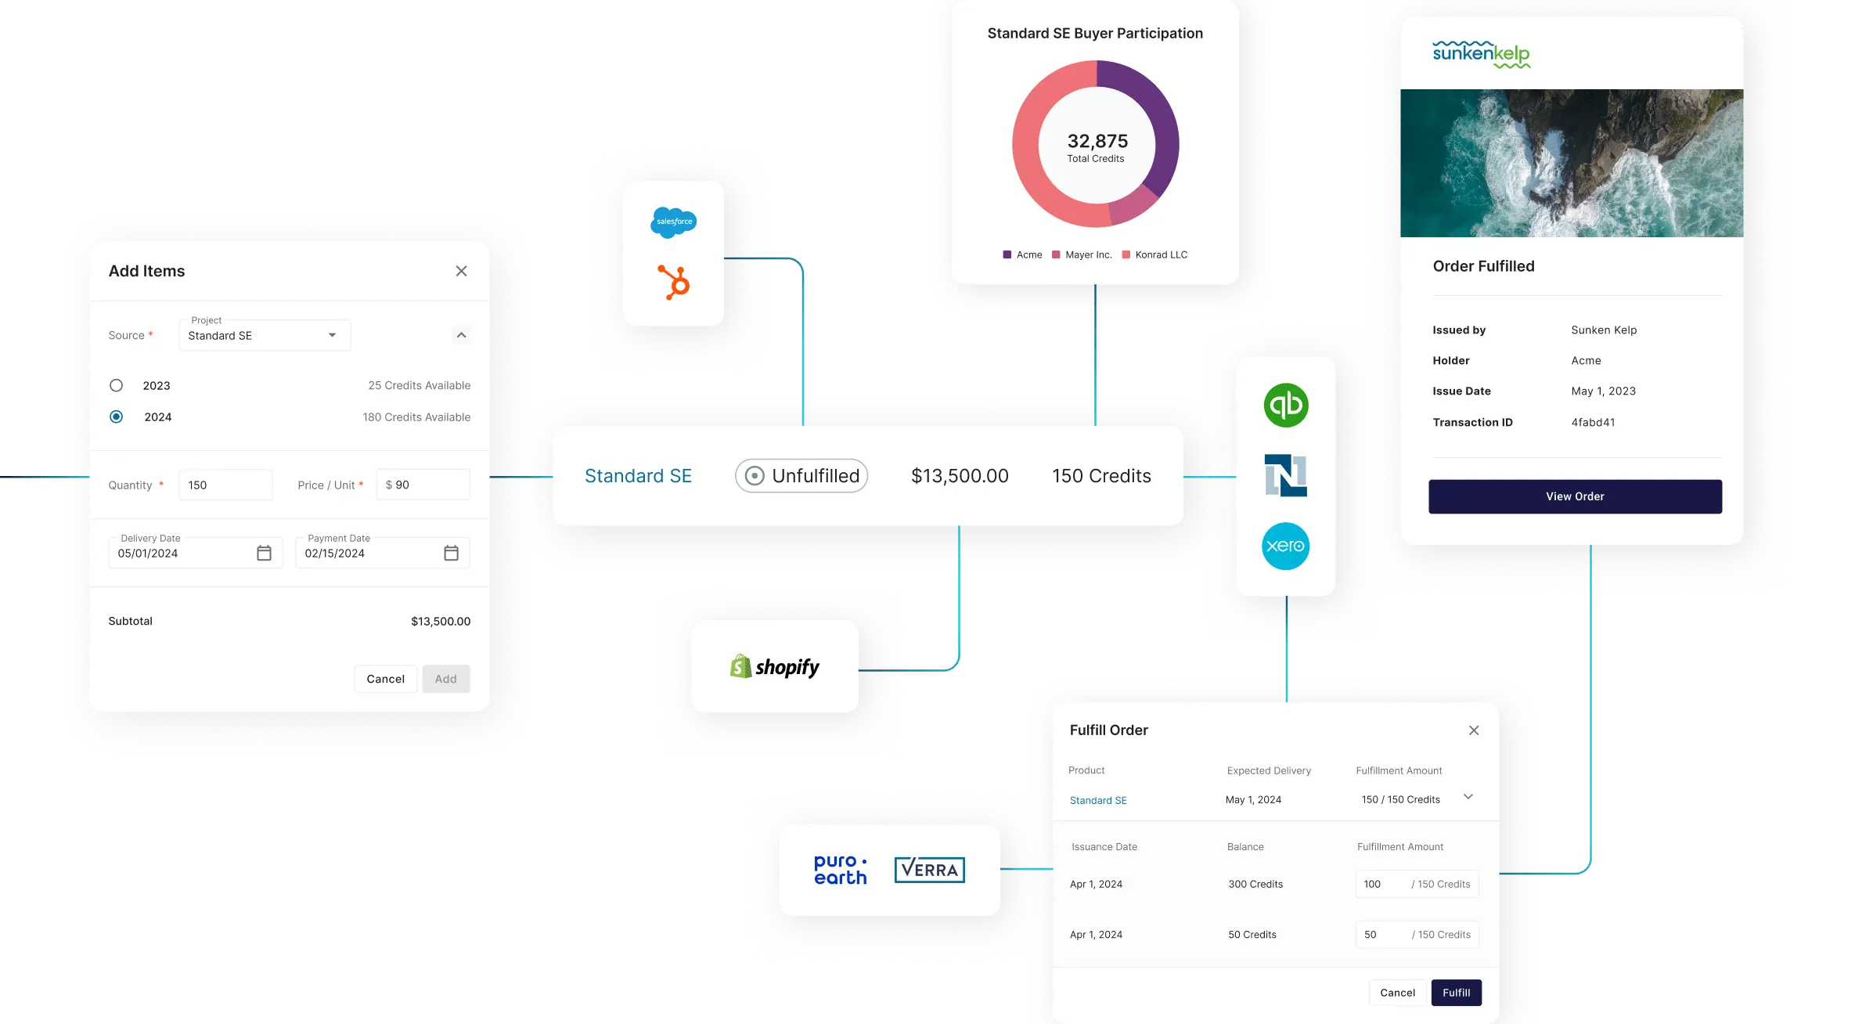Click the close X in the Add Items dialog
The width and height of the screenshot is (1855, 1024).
coord(461,271)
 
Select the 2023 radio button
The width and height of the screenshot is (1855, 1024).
coord(117,385)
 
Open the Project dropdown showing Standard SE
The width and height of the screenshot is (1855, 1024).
coord(265,335)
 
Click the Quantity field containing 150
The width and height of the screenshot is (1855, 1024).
coord(225,485)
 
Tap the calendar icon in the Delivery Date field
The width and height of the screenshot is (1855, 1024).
coord(264,553)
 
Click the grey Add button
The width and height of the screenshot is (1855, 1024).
coord(445,679)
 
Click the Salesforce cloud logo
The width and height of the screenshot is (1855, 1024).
coord(673,222)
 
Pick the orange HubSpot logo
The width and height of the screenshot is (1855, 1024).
coord(674,283)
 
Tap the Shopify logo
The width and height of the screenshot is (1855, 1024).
coord(774,667)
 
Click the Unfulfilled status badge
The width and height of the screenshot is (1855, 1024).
coord(801,476)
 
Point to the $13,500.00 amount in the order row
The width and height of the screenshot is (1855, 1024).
coord(960,476)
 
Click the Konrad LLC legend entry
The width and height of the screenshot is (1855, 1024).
coord(1155,255)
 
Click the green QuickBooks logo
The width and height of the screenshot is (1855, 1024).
coord(1285,405)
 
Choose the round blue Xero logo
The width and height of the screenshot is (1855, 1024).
coord(1285,546)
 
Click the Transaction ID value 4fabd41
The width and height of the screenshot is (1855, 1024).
coord(1593,423)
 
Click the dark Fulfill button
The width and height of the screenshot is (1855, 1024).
coord(1456,993)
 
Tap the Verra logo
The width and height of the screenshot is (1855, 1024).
coord(929,870)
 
